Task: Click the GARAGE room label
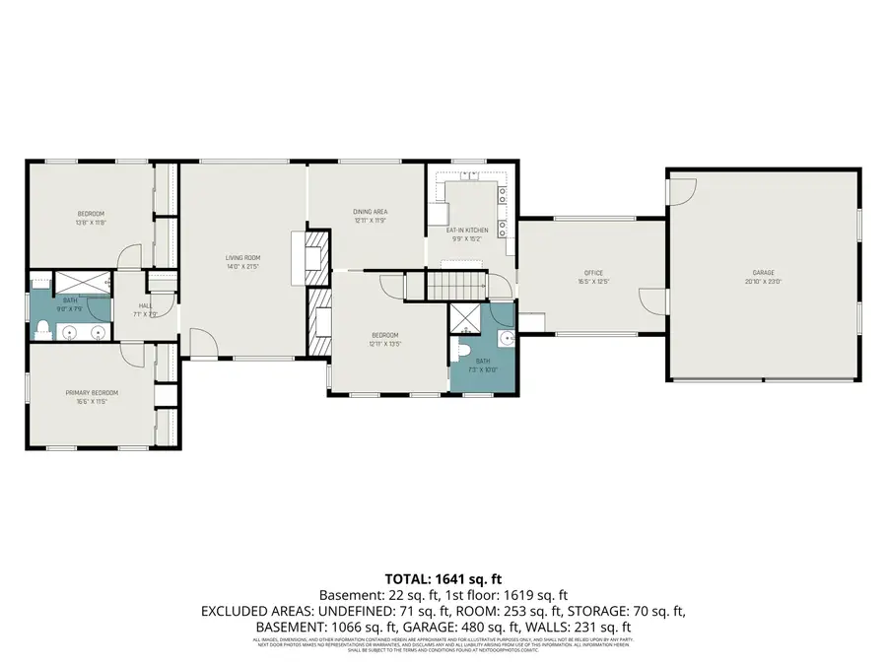point(763,273)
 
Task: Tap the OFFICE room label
point(592,273)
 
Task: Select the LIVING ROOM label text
point(241,258)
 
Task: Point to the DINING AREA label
point(370,212)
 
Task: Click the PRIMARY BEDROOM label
point(92,392)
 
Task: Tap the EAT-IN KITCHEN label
point(470,230)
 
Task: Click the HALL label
point(145,305)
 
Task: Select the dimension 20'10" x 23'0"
point(763,282)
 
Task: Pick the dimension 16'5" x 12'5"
point(592,282)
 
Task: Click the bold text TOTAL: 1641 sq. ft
point(443,579)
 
